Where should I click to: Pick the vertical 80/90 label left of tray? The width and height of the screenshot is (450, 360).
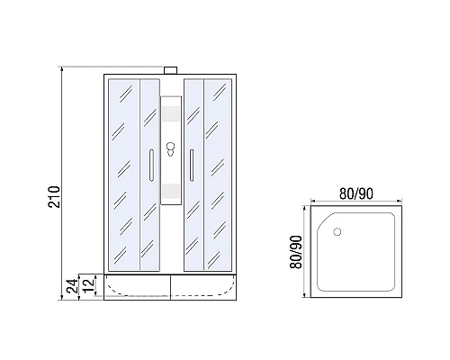tap(294, 256)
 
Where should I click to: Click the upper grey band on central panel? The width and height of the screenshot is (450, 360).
tap(171, 115)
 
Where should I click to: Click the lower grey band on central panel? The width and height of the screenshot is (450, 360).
tap(171, 190)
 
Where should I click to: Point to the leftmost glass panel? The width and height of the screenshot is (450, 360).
tap(123, 171)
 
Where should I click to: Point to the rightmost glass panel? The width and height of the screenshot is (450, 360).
tap(220, 171)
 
